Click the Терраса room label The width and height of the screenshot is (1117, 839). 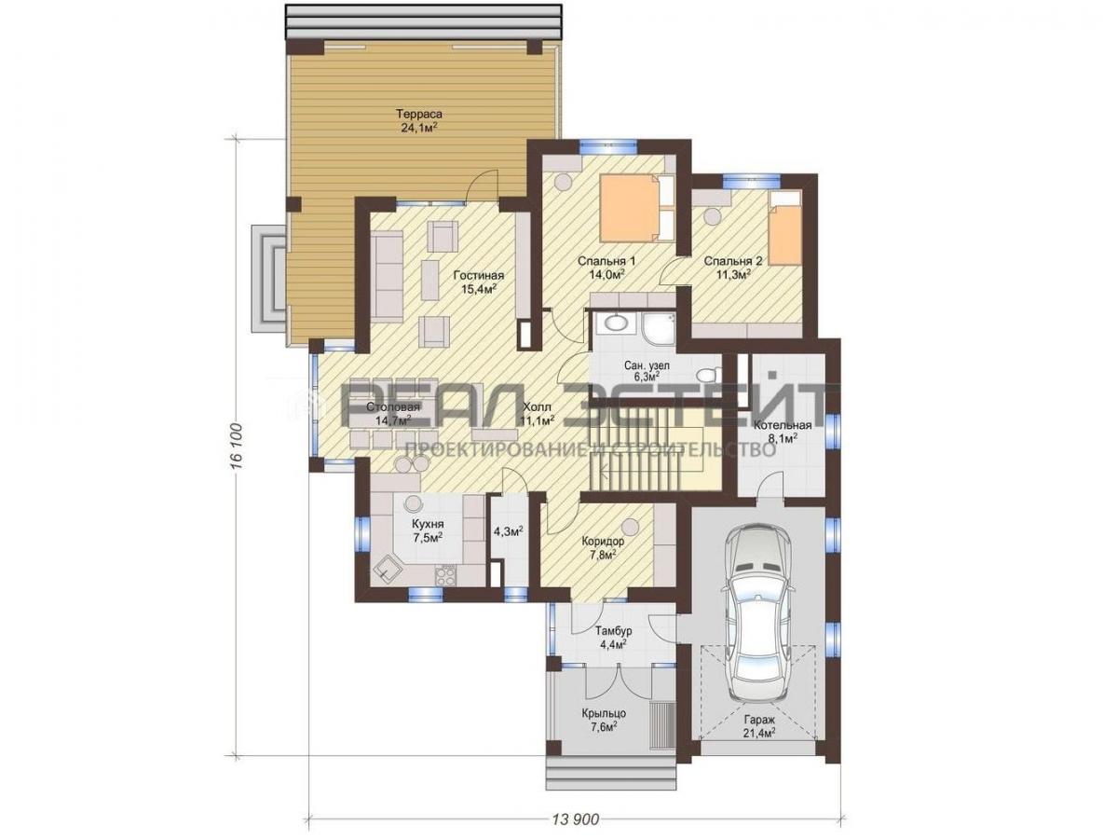click(420, 114)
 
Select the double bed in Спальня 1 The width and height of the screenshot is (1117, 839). click(637, 208)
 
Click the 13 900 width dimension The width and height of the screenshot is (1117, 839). click(576, 819)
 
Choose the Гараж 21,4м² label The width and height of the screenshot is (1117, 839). click(757, 725)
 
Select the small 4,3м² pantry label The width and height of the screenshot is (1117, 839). click(509, 531)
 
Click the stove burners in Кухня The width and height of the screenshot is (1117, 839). click(445, 574)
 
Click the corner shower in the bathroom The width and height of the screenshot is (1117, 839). click(656, 327)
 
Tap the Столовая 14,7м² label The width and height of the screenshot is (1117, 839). click(393, 414)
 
